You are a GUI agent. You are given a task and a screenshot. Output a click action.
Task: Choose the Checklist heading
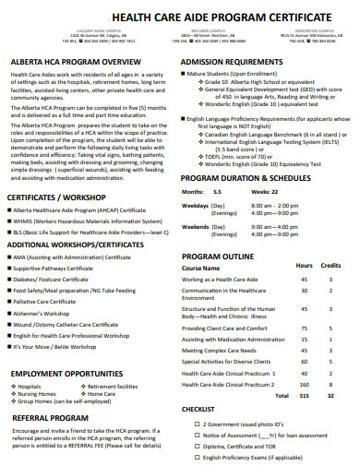click(198, 408)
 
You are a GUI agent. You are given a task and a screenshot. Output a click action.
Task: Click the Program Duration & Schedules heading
click(246, 177)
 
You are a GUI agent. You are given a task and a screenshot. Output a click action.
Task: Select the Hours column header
click(304, 266)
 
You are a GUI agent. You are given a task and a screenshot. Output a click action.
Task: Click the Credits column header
click(330, 266)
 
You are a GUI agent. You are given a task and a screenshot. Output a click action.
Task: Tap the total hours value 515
click(304, 394)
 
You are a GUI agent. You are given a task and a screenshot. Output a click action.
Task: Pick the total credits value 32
click(330, 394)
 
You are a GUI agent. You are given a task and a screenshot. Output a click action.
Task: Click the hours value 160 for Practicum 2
click(304, 383)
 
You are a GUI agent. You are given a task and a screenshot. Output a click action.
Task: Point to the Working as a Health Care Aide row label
click(220, 279)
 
